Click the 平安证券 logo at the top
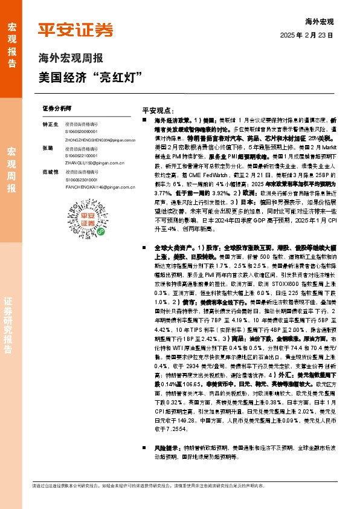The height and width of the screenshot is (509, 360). (x=76, y=30)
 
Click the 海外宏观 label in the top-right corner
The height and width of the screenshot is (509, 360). (x=319, y=22)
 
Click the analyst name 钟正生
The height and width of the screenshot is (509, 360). (x=50, y=124)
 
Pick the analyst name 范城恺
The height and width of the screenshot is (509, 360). (x=50, y=172)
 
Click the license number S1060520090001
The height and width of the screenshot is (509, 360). (x=82, y=131)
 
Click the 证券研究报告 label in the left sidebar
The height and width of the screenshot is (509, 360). (x=11, y=333)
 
